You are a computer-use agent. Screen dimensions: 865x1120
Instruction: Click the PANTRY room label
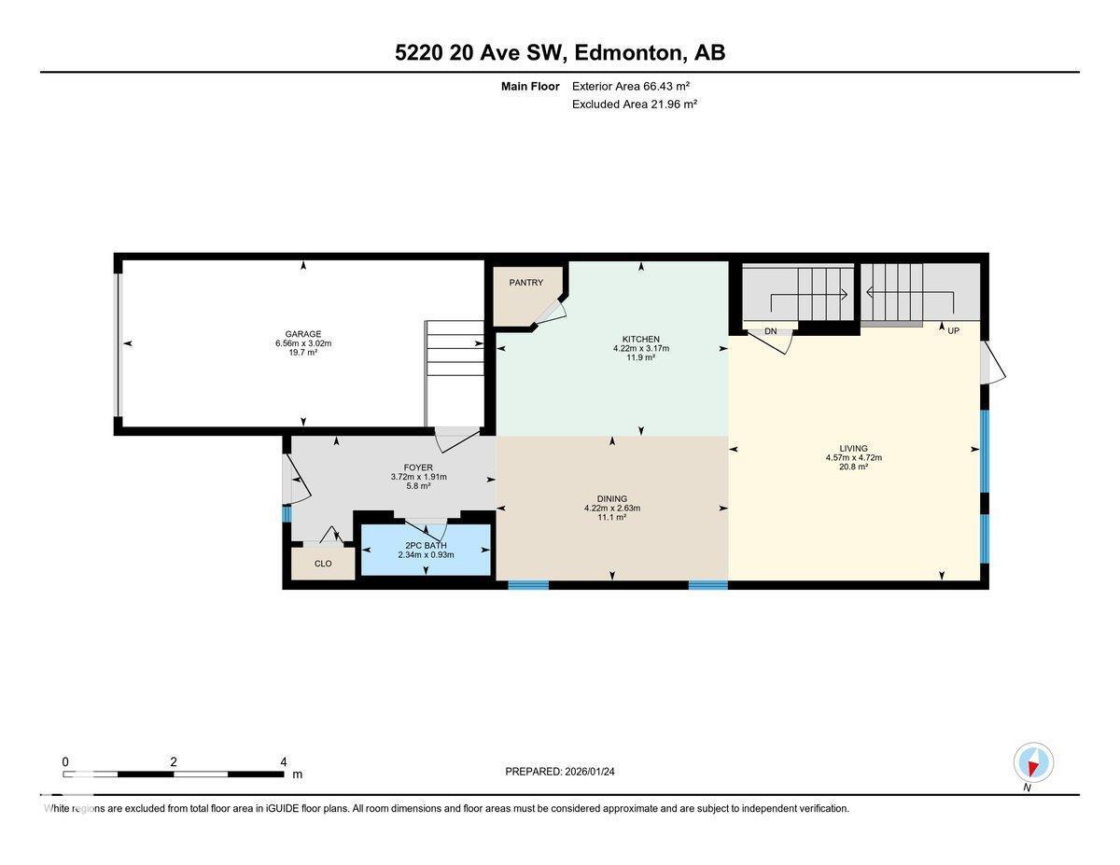pyautogui.click(x=525, y=283)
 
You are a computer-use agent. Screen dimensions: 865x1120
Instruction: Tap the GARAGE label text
pyautogui.click(x=303, y=334)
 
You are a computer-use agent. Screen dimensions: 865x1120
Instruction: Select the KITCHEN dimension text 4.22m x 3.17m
pyautogui.click(x=641, y=348)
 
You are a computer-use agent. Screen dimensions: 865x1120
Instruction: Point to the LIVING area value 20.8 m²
pyautogui.click(x=853, y=467)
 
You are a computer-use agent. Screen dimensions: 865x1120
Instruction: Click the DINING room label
pyautogui.click(x=612, y=498)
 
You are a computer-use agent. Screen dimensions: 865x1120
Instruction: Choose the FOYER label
pyautogui.click(x=418, y=467)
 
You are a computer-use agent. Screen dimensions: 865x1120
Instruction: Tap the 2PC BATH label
pyautogui.click(x=426, y=545)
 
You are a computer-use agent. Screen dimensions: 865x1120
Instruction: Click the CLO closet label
pyautogui.click(x=323, y=564)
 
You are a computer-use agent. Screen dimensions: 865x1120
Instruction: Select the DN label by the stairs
pyautogui.click(x=770, y=331)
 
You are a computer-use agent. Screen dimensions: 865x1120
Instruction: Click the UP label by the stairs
pyautogui.click(x=953, y=331)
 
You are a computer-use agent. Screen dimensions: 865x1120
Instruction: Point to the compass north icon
pyautogui.click(x=1033, y=763)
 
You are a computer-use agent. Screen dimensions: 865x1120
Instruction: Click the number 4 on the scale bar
pyautogui.click(x=284, y=761)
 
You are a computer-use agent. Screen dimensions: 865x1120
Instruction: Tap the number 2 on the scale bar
pyautogui.click(x=174, y=761)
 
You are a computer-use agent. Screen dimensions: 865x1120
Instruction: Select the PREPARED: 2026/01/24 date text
pyautogui.click(x=560, y=772)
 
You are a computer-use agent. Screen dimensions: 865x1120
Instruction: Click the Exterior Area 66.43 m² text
pyautogui.click(x=632, y=86)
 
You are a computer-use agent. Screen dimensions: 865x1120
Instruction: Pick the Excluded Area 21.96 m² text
pyautogui.click(x=635, y=105)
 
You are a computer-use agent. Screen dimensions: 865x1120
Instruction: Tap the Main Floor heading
pyautogui.click(x=530, y=86)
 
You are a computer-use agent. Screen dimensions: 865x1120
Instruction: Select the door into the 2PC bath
pyautogui.click(x=427, y=528)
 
